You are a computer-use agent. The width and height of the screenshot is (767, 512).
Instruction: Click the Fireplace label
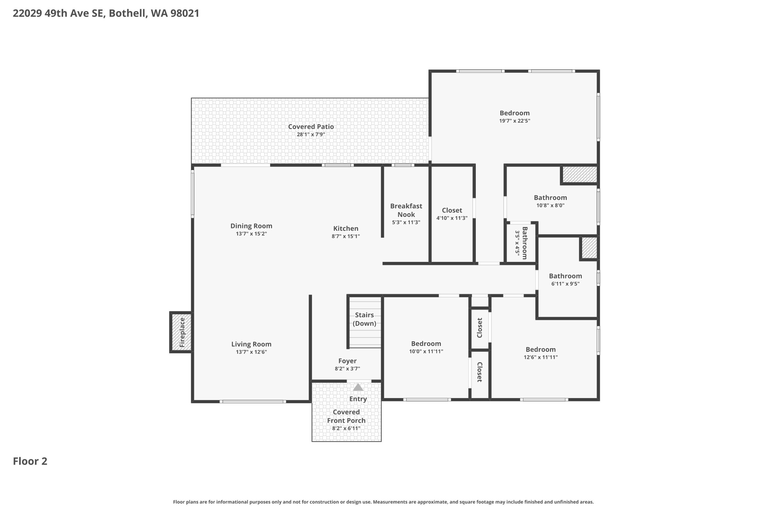(x=182, y=332)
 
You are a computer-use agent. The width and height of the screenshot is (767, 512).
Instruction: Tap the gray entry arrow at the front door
(x=358, y=387)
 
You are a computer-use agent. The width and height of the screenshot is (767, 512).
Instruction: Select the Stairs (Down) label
(x=364, y=319)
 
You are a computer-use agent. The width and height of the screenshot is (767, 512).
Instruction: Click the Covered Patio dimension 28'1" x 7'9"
(x=311, y=134)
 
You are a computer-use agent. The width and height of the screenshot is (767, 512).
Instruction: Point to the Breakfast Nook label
(x=406, y=210)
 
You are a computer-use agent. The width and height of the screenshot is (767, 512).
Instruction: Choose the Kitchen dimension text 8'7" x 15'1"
(x=346, y=236)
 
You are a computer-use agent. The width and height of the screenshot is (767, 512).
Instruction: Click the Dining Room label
(x=251, y=226)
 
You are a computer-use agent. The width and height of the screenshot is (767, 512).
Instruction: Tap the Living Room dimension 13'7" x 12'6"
(x=251, y=352)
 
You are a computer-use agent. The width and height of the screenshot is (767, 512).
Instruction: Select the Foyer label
(x=347, y=361)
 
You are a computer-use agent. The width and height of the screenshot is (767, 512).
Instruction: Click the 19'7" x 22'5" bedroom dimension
(x=515, y=121)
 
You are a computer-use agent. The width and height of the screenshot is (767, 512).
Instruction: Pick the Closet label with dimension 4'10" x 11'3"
(x=452, y=210)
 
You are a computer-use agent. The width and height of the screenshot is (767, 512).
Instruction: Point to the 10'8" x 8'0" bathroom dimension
(x=550, y=205)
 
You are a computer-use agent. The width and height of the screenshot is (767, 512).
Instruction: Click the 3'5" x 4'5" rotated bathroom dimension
(x=517, y=243)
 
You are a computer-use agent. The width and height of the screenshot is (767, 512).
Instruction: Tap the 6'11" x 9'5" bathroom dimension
(x=565, y=284)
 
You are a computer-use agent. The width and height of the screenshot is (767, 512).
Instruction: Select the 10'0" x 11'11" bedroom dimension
(x=426, y=351)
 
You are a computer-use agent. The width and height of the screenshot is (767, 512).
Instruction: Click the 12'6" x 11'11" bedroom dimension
(x=541, y=357)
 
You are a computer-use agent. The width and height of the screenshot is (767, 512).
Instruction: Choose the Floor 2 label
(x=30, y=461)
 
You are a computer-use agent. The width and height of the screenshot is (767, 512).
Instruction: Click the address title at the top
(x=106, y=13)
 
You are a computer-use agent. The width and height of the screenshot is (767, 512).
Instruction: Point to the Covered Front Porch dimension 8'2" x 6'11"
(x=346, y=428)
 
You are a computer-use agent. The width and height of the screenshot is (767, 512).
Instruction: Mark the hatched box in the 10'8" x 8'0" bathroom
(x=580, y=175)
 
